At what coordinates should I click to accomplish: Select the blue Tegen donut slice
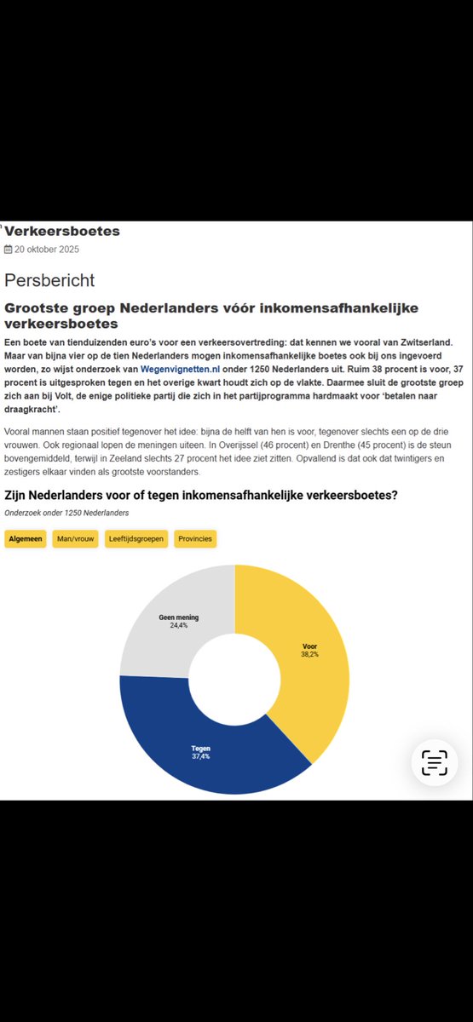coord(205,749)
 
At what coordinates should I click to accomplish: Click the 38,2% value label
coord(309,654)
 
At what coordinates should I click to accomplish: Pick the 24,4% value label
coord(179,625)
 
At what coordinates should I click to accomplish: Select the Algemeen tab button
coord(25,538)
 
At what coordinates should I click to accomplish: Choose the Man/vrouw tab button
coord(75,538)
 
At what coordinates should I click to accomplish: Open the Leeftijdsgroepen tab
coord(136,538)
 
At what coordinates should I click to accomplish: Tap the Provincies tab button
coord(195,538)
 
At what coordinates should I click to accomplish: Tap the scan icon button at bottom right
coord(435,762)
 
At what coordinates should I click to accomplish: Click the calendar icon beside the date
coord(9,250)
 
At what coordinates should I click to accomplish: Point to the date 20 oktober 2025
coord(47,250)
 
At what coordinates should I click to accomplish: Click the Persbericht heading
coord(49,280)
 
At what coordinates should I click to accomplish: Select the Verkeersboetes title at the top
coord(63,231)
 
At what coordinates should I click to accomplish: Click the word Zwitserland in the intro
coord(424,341)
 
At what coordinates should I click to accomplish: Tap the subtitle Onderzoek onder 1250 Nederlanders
coord(66,513)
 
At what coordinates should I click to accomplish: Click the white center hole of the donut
coord(234,679)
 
